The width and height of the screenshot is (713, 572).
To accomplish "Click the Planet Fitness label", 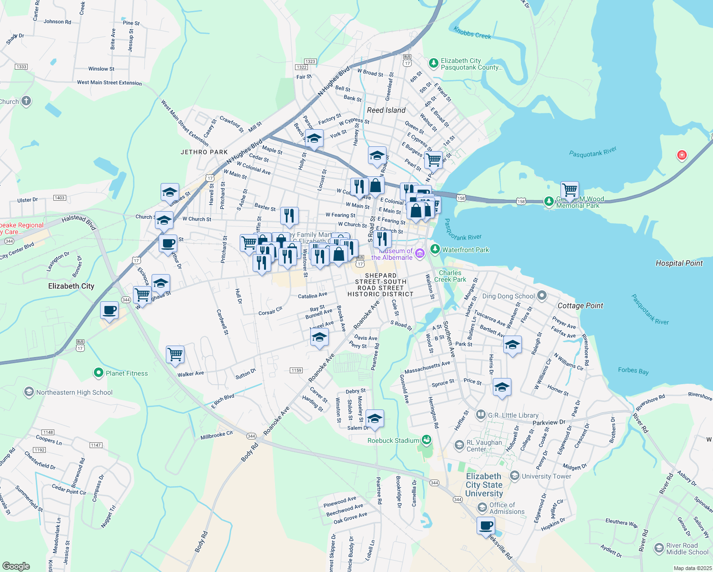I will pyautogui.click(x=126, y=373).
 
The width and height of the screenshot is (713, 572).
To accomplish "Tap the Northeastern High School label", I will pyautogui.click(x=74, y=392).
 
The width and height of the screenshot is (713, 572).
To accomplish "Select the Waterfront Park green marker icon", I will pyautogui.click(x=435, y=249).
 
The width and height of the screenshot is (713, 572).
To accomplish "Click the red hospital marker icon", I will pyautogui.click(x=682, y=155).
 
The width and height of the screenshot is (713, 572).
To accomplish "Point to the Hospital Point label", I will pyautogui.click(x=679, y=263).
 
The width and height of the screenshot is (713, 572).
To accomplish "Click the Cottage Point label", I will pyautogui.click(x=580, y=306).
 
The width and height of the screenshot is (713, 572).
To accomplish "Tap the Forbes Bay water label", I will pyautogui.click(x=633, y=370).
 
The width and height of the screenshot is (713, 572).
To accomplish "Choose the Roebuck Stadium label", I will pyautogui.click(x=393, y=440).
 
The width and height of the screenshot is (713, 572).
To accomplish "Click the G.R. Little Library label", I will pyautogui.click(x=513, y=415).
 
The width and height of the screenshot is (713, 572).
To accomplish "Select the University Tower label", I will pyautogui.click(x=546, y=476).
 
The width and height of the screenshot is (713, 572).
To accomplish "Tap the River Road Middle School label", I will pyautogui.click(x=687, y=549).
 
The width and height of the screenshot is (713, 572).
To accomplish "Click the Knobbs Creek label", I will pyautogui.click(x=472, y=33).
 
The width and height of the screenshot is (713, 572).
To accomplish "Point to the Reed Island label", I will pyautogui.click(x=386, y=110).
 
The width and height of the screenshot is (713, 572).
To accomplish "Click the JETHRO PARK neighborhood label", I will pyautogui.click(x=204, y=152).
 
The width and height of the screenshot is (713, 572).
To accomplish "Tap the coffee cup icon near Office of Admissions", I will pyautogui.click(x=486, y=526).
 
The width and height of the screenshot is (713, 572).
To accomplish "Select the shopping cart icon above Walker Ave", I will pyautogui.click(x=175, y=354).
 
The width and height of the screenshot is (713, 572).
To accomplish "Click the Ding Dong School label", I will pyautogui.click(x=508, y=296).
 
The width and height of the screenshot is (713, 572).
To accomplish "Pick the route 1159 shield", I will pyautogui.click(x=296, y=370).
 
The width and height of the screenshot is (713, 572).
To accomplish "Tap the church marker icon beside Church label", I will pyautogui.click(x=26, y=101).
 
